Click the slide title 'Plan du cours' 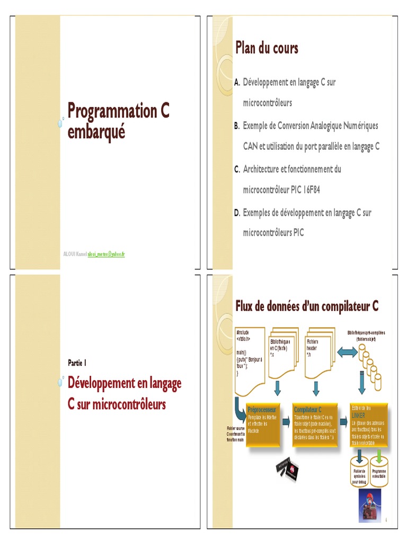click(x=267, y=49)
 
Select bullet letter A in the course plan click(x=237, y=83)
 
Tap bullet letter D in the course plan click(x=237, y=213)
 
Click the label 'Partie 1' click(x=77, y=363)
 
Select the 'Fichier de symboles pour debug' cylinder click(x=359, y=474)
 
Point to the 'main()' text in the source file click(x=242, y=352)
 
